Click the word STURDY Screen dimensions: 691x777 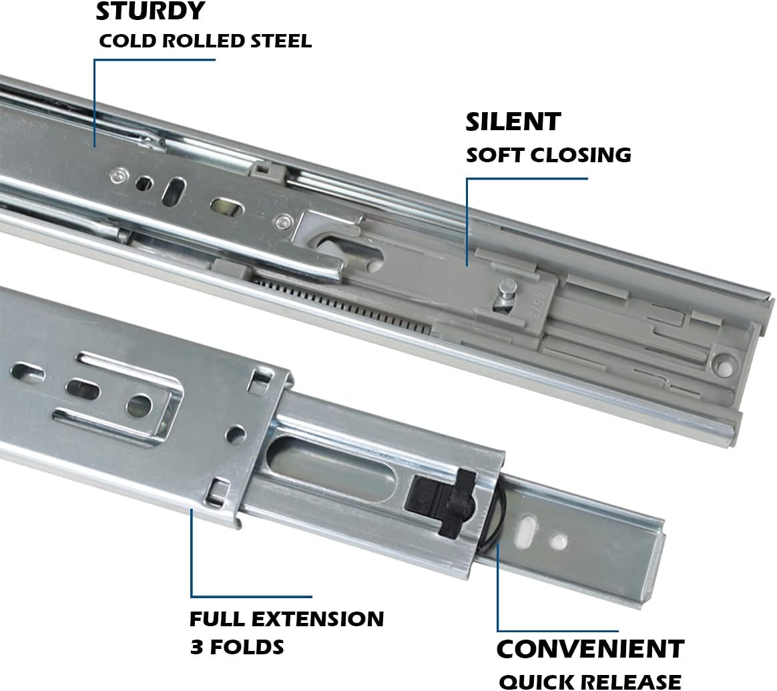click(151, 12)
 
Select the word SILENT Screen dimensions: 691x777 click(513, 122)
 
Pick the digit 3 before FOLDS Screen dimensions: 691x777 click(196, 647)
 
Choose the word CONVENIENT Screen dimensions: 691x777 click(590, 649)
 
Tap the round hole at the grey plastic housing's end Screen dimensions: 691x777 click(721, 364)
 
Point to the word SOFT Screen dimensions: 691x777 click(494, 155)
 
